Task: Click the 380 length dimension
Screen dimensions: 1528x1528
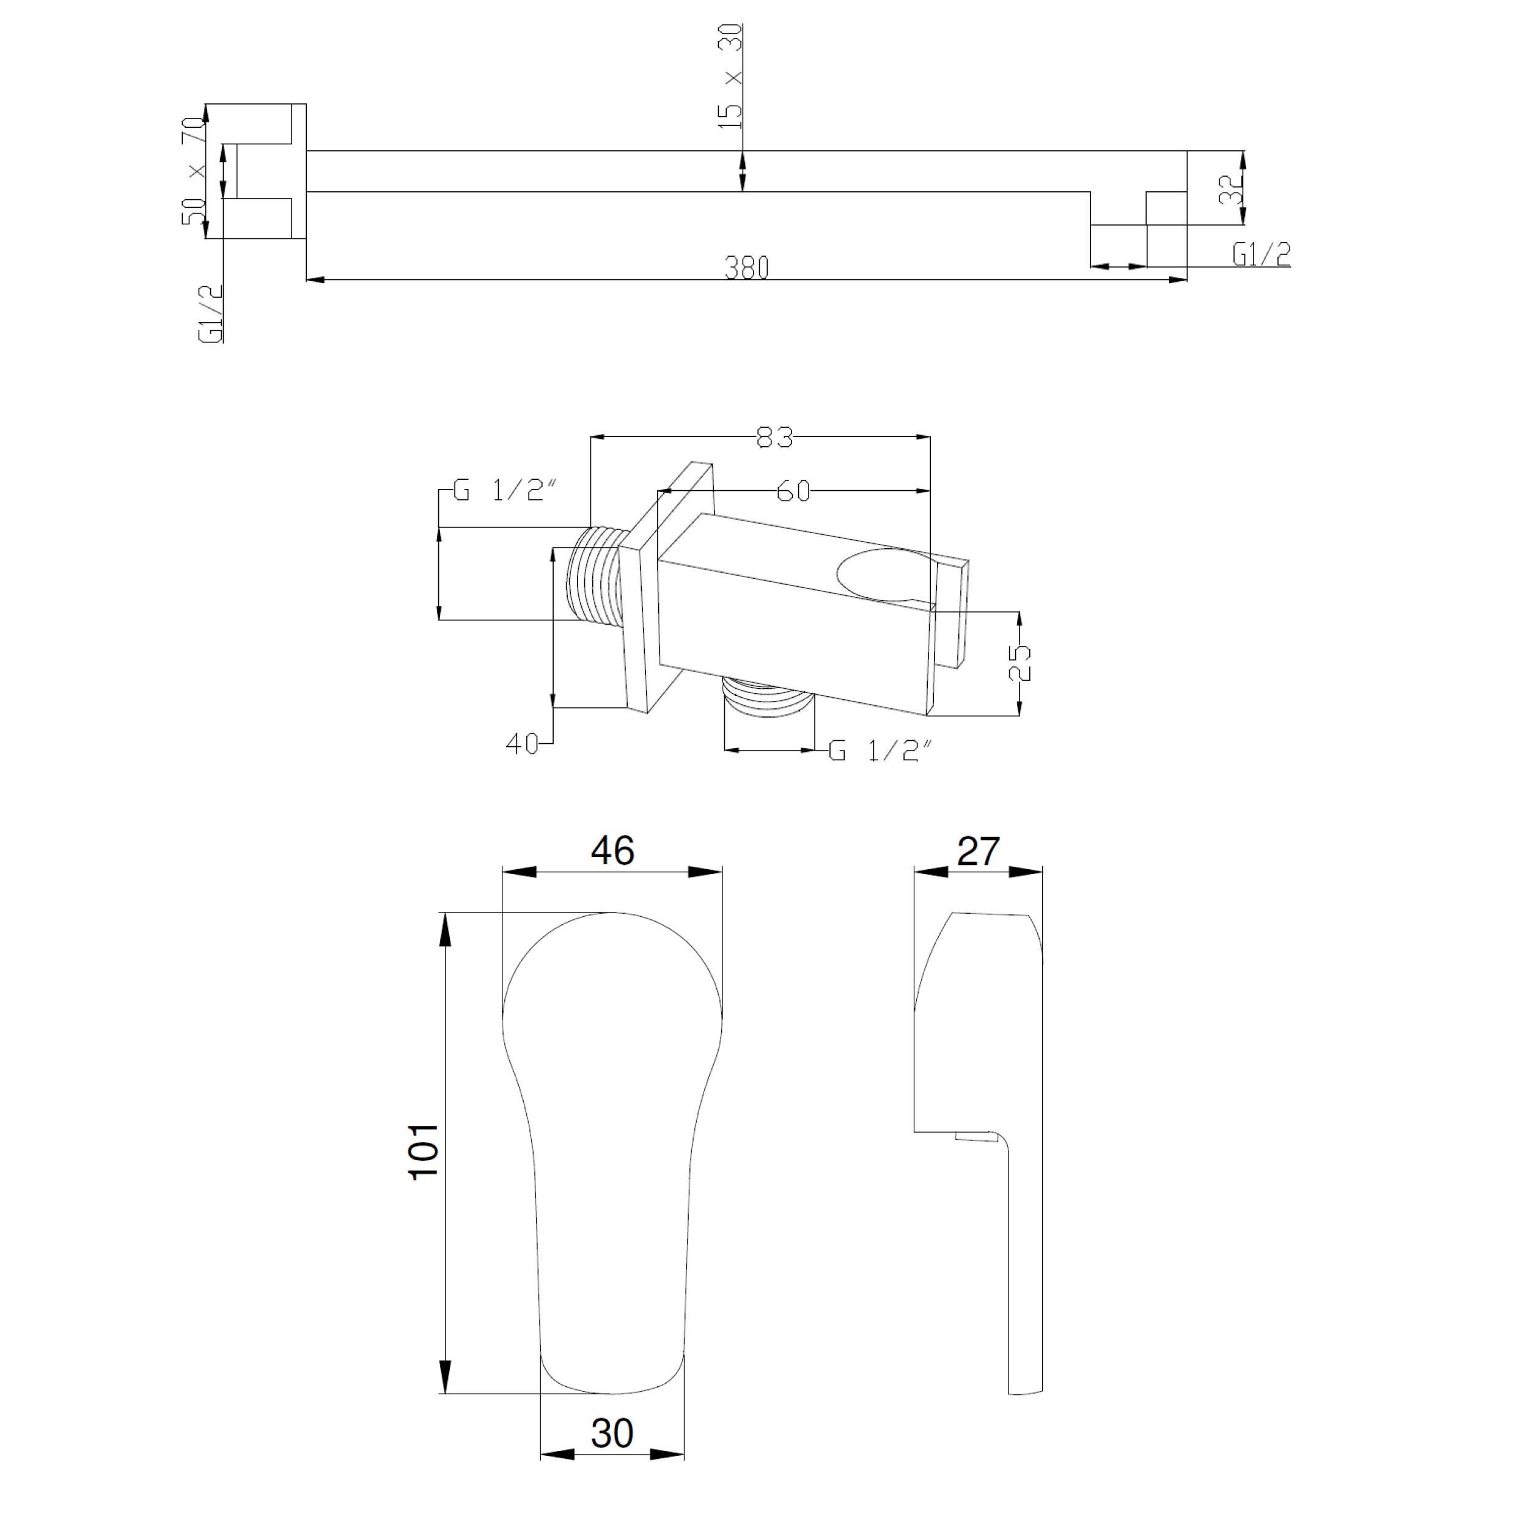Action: click(x=747, y=268)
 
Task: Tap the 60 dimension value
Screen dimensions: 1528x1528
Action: click(x=793, y=491)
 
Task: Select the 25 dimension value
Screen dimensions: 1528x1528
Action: click(x=1020, y=662)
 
